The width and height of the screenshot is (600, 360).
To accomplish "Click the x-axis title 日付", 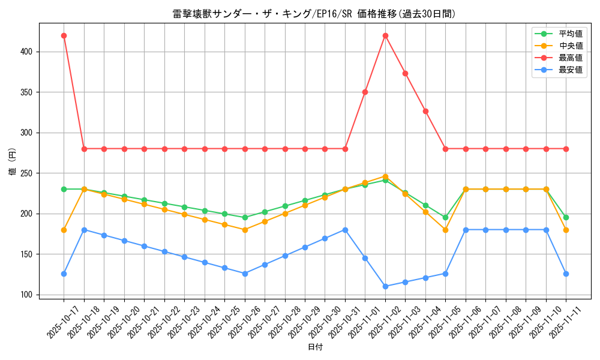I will pos(315,347).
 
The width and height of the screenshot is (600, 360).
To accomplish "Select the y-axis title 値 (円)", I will pos(13,161).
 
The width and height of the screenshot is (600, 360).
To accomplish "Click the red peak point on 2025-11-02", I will pos(385,35).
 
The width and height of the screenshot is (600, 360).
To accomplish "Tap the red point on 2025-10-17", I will pos(64,35).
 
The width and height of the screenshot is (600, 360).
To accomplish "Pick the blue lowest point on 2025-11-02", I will pos(385,286).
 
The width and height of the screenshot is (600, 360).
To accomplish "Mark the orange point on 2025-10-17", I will pos(64,230).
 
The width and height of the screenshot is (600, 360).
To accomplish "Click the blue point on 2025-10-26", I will pos(245,274).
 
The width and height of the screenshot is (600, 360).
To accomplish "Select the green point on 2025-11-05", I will pos(445,217).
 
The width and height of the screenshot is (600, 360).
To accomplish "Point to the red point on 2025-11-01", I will pos(365,92).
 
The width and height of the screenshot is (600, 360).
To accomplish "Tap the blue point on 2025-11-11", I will pos(566,274).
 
